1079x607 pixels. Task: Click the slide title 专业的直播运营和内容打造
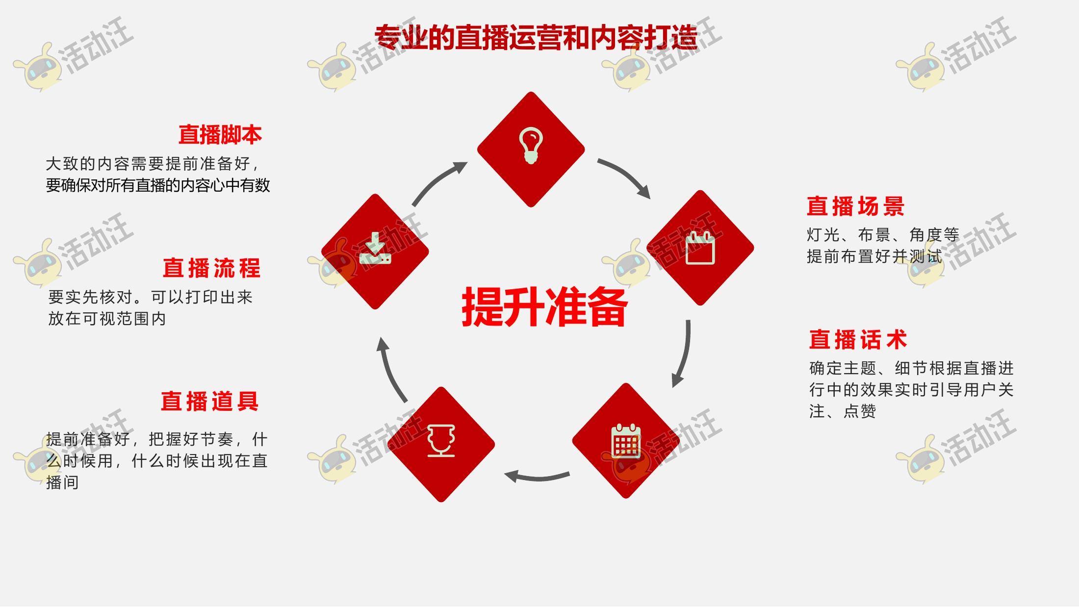pos(536,37)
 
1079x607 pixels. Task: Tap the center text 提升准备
pos(544,307)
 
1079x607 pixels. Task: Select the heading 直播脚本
pos(220,135)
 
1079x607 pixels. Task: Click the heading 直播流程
pos(212,268)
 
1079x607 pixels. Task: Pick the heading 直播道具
pos(210,402)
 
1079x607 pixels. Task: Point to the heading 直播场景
pos(856,206)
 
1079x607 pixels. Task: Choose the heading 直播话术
pos(858,340)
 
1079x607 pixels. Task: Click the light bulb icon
pos(531,146)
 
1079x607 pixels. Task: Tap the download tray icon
pos(375,249)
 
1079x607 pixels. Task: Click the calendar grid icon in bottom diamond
pos(626,441)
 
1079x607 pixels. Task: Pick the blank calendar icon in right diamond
pos(700,248)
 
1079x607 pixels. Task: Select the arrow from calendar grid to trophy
pos(537,476)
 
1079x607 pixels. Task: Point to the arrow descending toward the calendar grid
pos(684,353)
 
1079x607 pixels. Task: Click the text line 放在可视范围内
pos(107,319)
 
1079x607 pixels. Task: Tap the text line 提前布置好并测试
pos(874,256)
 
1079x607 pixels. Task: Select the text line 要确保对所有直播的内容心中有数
pos(158,185)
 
